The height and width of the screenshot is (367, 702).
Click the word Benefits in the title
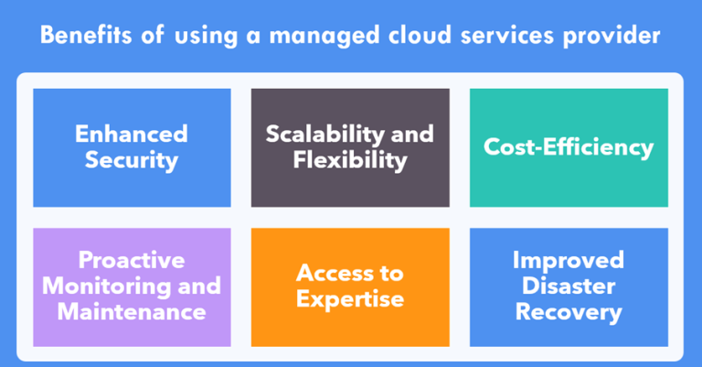point(86,35)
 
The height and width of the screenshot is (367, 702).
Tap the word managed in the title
point(324,36)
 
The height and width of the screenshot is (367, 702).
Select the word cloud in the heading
point(420,35)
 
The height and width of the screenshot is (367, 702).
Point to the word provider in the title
point(612,36)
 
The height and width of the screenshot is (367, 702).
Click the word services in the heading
point(506,35)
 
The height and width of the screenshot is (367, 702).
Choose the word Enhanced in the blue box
point(132,134)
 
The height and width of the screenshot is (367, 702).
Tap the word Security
point(132,160)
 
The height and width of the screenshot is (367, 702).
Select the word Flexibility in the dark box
point(350,160)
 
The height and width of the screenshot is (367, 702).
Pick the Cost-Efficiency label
point(569,147)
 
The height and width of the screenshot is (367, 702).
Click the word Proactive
point(132,260)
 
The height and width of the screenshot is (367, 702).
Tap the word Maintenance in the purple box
point(132,312)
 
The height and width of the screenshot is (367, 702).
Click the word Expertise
point(350,299)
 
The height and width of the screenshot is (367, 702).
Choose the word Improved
point(569,261)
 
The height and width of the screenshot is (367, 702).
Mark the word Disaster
point(569,286)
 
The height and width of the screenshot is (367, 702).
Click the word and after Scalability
point(412,134)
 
